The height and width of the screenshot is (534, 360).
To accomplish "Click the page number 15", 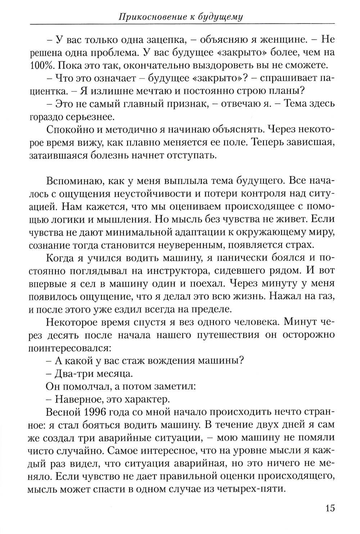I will [330, 508].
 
